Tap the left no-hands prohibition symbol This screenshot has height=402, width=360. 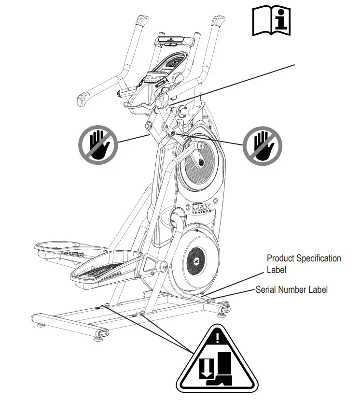(98, 144)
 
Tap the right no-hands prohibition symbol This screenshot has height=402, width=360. (262, 144)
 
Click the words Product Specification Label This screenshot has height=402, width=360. (304, 264)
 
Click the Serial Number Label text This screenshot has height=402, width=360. (291, 289)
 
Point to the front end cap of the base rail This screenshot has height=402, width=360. (103, 333)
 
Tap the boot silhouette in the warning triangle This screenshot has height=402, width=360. (224, 370)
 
